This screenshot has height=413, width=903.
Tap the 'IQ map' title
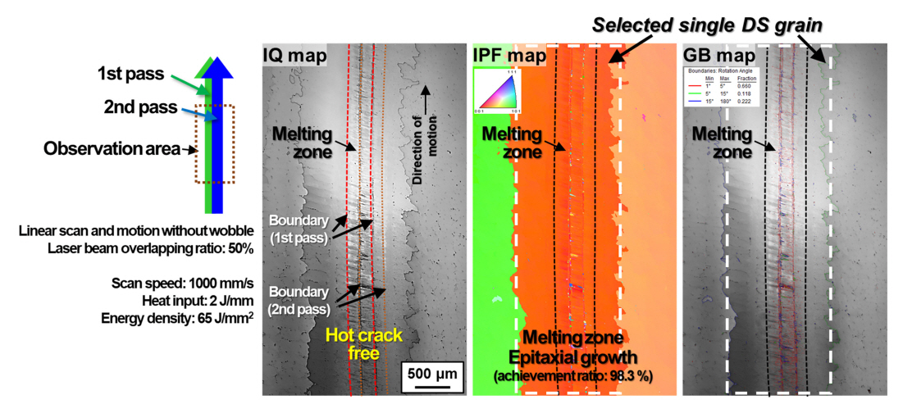point(294,56)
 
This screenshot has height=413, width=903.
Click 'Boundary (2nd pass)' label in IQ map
point(299,301)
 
